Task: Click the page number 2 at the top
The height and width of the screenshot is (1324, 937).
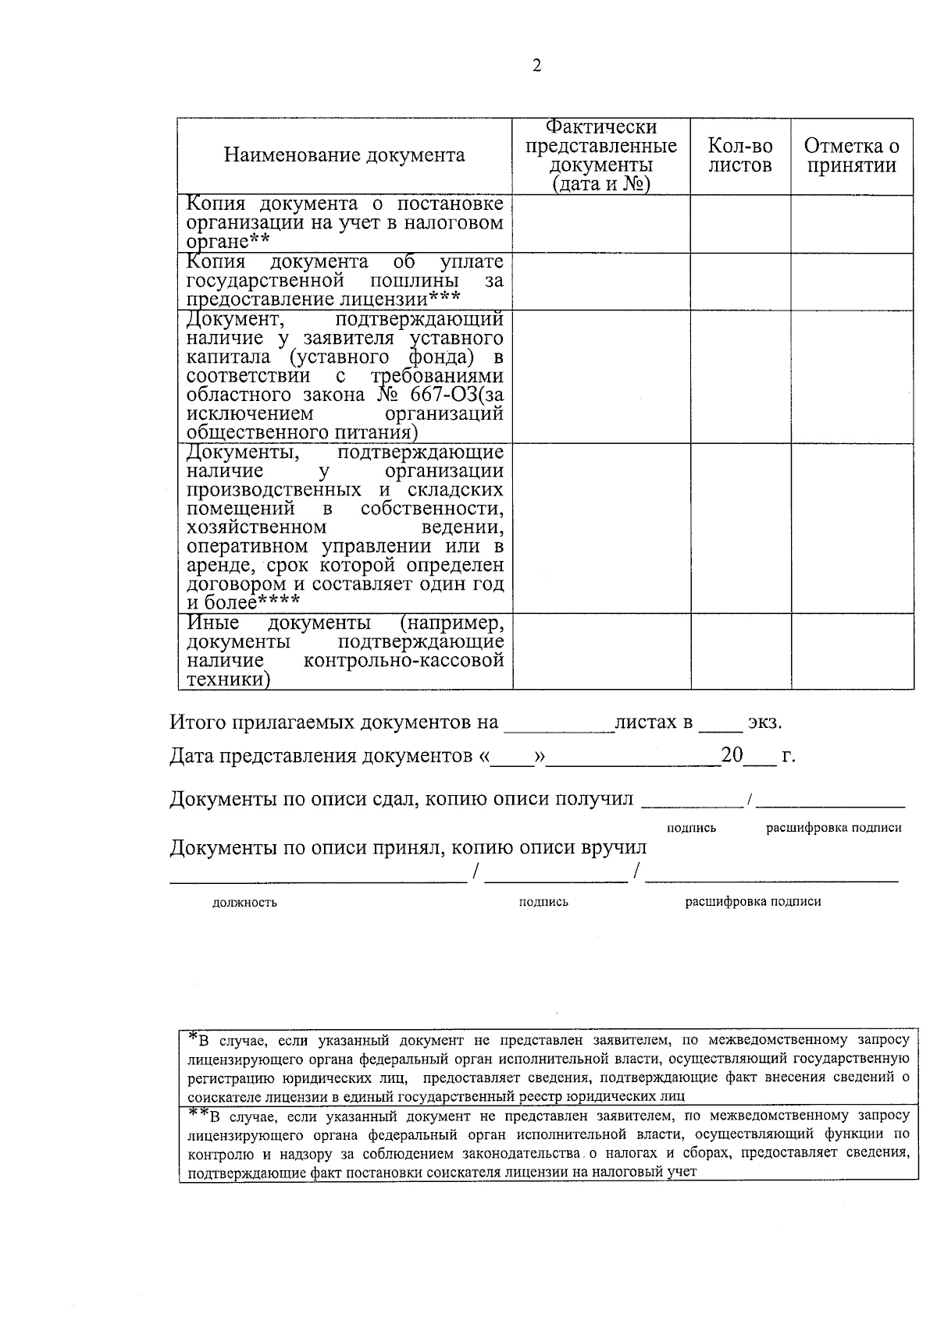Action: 536,66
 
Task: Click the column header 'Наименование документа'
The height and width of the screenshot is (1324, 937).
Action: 344,155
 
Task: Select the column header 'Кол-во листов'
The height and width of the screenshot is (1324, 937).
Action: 740,155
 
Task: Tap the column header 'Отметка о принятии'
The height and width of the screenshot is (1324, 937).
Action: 852,155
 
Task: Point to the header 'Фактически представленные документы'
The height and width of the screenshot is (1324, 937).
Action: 601,155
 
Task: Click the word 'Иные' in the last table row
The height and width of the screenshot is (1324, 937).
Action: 213,623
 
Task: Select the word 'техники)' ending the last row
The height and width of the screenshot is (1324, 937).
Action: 229,680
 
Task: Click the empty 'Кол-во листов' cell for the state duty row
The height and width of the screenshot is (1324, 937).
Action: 740,282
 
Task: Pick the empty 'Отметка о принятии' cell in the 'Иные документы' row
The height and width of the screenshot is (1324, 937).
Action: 852,651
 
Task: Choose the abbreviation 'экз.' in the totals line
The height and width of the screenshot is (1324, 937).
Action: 764,722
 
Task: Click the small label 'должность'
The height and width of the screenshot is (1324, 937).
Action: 244,903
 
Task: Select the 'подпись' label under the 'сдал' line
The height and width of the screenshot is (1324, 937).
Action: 691,828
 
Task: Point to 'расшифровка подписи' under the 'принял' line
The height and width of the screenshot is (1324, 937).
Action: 753,902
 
